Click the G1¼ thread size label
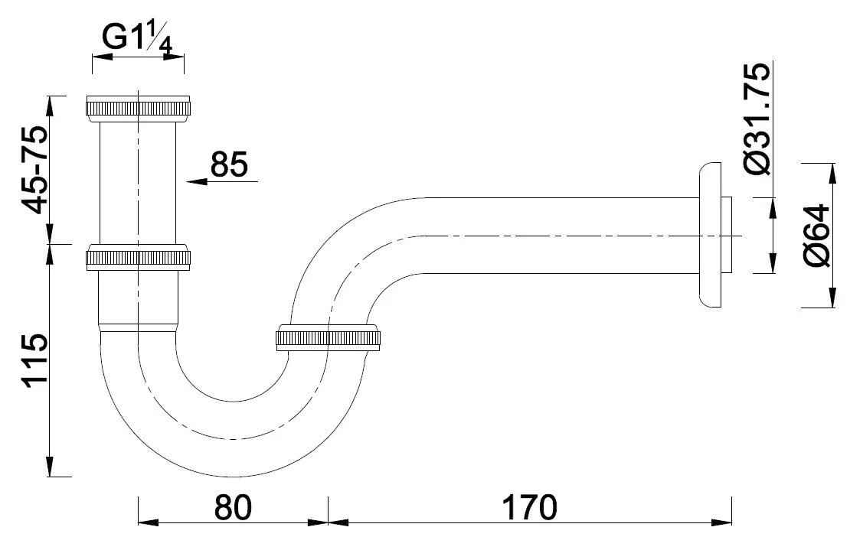[x=138, y=39]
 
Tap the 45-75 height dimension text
[x=34, y=170]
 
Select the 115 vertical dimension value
[x=34, y=361]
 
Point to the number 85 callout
[x=229, y=164]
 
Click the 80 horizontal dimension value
[x=233, y=507]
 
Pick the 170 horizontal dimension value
[x=530, y=507]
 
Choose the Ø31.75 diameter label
[x=757, y=119]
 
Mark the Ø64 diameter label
[x=818, y=236]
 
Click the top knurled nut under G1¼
[x=139, y=106]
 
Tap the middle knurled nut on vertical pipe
[x=139, y=258]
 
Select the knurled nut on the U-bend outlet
[x=328, y=338]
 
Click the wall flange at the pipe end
[x=709, y=235]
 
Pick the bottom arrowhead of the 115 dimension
[x=51, y=466]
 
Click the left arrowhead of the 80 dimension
[x=149, y=522]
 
